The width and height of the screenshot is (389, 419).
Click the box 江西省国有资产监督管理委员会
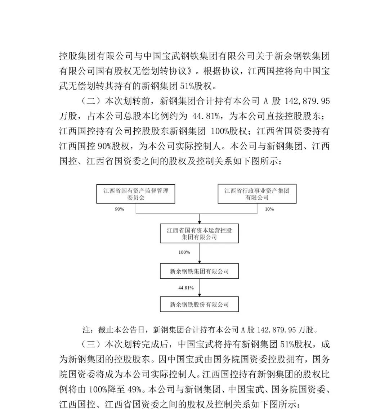[136, 194]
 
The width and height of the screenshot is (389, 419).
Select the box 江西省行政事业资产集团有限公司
[257, 194]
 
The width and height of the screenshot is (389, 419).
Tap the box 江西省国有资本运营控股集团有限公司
[199, 234]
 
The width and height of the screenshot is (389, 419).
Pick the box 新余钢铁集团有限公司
[199, 271]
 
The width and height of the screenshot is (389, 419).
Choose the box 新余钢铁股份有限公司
[199, 304]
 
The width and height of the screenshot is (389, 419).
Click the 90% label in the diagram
[120, 209]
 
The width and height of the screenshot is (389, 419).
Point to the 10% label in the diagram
[269, 209]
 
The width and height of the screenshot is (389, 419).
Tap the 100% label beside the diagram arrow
[184, 252]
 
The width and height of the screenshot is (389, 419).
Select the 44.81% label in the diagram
[186, 288]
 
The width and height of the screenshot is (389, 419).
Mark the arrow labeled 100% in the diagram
[200, 253]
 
